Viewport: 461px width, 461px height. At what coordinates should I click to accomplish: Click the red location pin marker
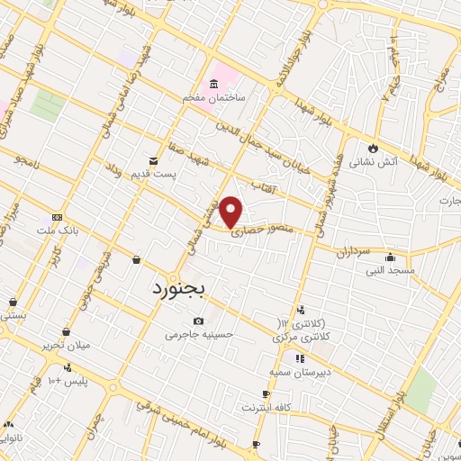[x=232, y=210]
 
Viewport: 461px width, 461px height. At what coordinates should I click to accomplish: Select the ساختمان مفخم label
[x=213, y=97]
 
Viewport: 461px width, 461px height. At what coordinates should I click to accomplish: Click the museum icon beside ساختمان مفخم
[x=212, y=85]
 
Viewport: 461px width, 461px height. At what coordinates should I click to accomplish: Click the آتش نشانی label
[x=371, y=162]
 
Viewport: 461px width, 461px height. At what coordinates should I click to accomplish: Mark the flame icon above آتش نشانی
[x=371, y=149]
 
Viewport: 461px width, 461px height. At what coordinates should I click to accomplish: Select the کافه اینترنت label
[x=266, y=407]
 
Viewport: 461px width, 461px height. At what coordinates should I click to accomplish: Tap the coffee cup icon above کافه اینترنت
[x=266, y=394]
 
